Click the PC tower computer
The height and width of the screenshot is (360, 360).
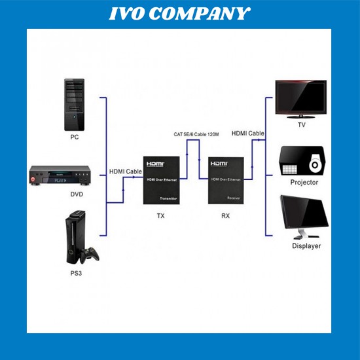pyautogui.click(x=74, y=105)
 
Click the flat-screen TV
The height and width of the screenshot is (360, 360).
pyautogui.click(x=300, y=98)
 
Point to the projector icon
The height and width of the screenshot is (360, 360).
pyautogui.click(x=302, y=160)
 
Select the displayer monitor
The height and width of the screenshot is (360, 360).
pyautogui.click(x=304, y=216)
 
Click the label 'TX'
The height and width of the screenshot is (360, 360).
pyautogui.click(x=161, y=214)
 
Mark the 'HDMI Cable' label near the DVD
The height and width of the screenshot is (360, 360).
pyautogui.click(x=124, y=171)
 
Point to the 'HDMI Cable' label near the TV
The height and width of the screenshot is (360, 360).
pyautogui.click(x=247, y=133)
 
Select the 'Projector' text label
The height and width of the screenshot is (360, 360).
pyautogui.click(x=304, y=183)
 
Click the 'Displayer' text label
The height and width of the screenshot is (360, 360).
pyautogui.click(x=306, y=246)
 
